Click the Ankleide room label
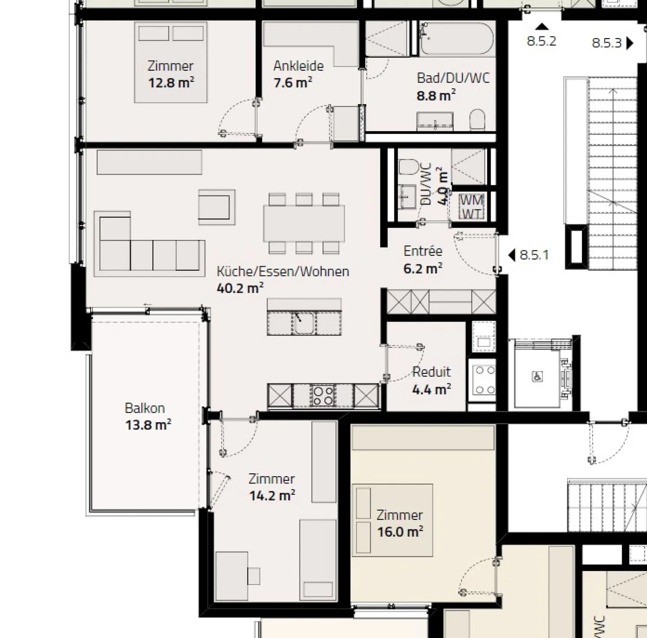click(x=298, y=66)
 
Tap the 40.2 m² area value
click(x=240, y=288)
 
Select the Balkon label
click(x=145, y=408)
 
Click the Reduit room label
click(x=431, y=372)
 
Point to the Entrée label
click(x=423, y=251)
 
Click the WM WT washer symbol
click(x=471, y=207)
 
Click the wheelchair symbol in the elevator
click(x=537, y=377)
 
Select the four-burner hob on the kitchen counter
click(x=323, y=395)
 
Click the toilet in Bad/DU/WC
click(x=477, y=120)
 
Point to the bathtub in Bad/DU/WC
click(x=456, y=39)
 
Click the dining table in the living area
click(x=304, y=223)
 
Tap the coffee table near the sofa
click(x=217, y=207)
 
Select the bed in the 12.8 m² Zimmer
click(x=171, y=62)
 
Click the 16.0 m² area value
click(x=400, y=532)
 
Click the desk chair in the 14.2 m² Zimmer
click(x=254, y=576)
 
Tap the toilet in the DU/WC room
click(x=408, y=167)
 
